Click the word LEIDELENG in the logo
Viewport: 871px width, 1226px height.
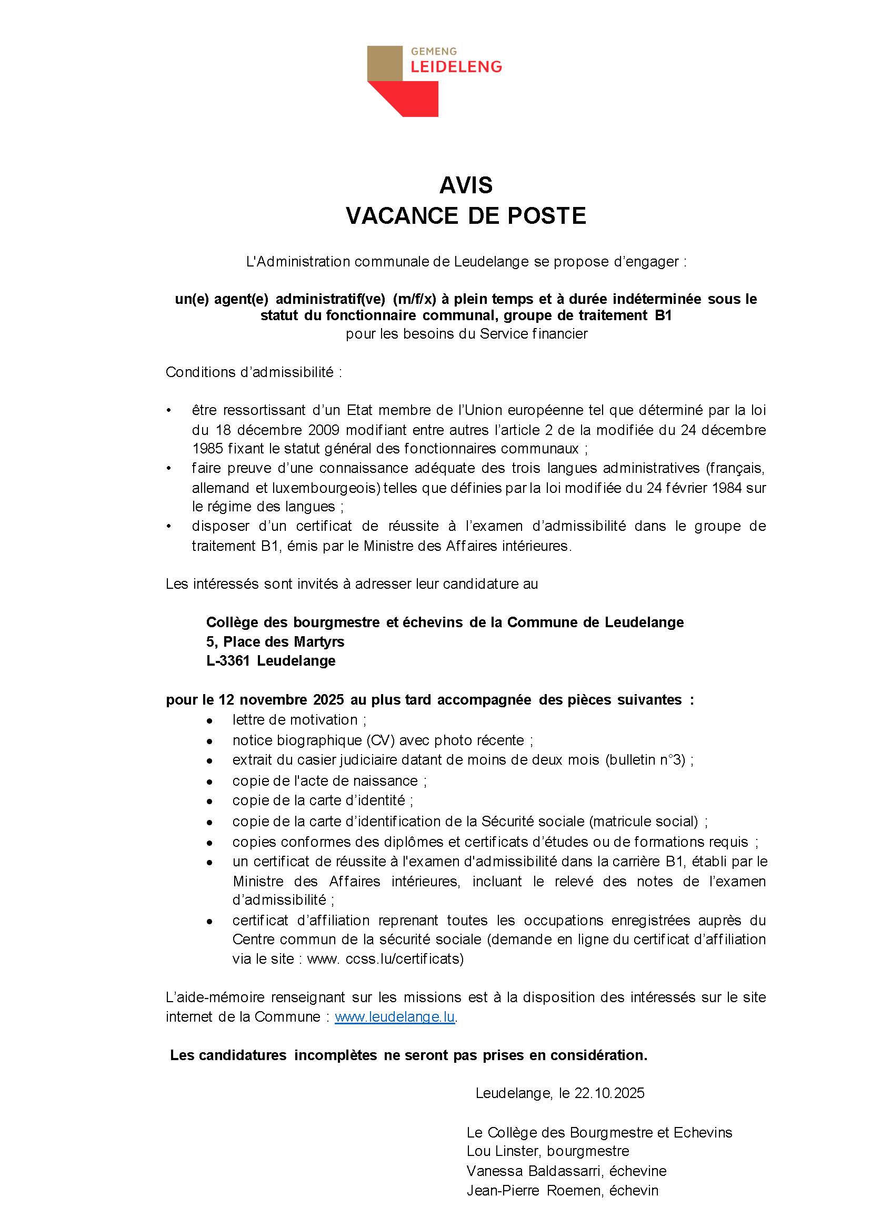(x=456, y=66)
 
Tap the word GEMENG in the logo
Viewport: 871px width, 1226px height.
(x=434, y=52)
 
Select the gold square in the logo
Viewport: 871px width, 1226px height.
(x=385, y=63)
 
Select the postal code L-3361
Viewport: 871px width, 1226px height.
(x=228, y=660)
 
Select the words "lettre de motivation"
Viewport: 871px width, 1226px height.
(x=295, y=719)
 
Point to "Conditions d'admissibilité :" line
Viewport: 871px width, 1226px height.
(x=254, y=372)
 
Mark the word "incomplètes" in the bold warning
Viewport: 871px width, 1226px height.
(x=336, y=1055)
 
